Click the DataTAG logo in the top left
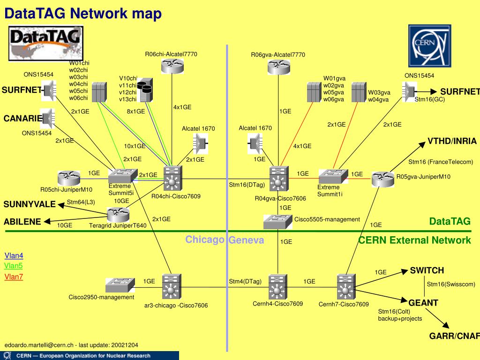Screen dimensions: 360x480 [x=46, y=43]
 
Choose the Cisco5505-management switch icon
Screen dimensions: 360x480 [x=277, y=221]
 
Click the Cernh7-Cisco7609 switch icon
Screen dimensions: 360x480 [x=346, y=287]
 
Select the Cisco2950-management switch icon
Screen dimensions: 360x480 [x=120, y=285]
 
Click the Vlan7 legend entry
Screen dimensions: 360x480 [x=14, y=277]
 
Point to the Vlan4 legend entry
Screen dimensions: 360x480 [x=14, y=255]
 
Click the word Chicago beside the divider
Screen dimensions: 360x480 [x=205, y=240]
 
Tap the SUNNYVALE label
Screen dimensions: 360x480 [x=30, y=204]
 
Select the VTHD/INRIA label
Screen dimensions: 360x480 [x=452, y=141]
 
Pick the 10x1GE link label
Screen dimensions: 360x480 [x=135, y=146]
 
